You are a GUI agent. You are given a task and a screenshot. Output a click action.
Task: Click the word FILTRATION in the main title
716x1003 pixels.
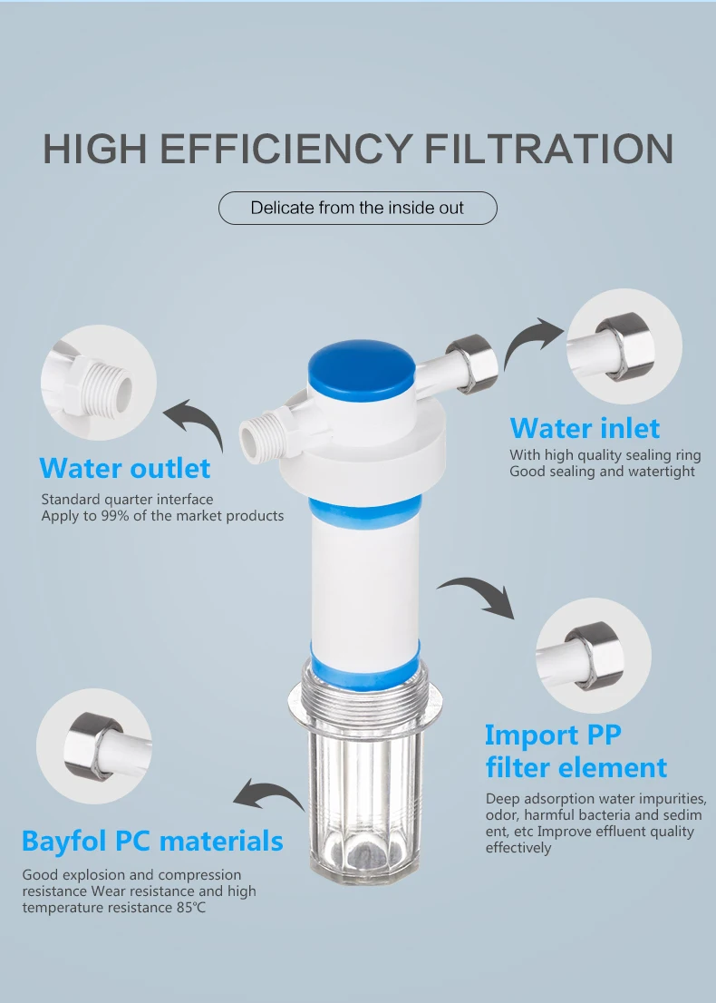[548, 149]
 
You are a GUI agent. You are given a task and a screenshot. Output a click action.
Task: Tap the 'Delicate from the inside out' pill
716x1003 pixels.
[357, 208]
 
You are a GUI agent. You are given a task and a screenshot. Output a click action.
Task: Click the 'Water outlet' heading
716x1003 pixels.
[125, 468]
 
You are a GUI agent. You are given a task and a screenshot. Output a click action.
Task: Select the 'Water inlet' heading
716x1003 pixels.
[585, 428]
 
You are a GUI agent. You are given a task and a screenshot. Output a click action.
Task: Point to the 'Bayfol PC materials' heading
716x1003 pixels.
[152, 841]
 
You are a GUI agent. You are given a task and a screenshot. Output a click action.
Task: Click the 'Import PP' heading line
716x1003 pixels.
[552, 735]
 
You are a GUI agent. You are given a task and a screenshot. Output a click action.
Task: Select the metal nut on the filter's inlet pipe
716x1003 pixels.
[472, 364]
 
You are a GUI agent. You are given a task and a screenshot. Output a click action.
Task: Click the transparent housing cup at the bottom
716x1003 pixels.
[364, 774]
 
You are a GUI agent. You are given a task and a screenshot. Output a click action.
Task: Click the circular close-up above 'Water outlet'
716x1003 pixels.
[99, 383]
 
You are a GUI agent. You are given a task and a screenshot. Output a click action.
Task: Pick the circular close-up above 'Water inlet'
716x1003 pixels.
[624, 346]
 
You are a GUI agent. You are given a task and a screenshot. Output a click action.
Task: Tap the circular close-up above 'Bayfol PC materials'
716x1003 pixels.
[94, 745]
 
